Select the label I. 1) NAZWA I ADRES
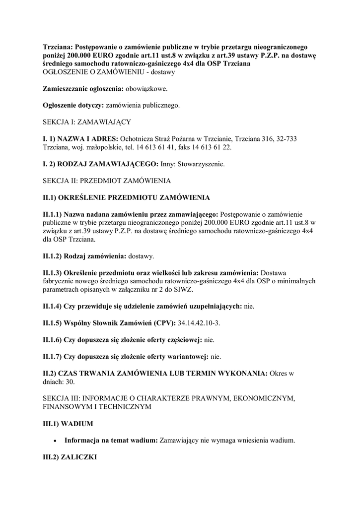pyautogui.click(x=80, y=138)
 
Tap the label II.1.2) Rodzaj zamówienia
pyautogui.click(x=84, y=256)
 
